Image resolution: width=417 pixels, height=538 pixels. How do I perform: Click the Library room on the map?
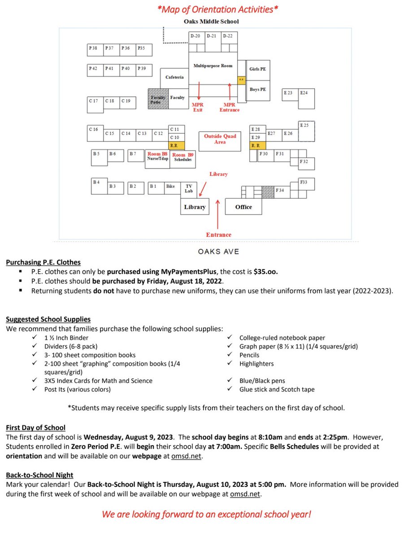195,207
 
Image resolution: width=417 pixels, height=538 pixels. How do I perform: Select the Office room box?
243,207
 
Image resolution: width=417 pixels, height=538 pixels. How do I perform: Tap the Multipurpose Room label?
213,66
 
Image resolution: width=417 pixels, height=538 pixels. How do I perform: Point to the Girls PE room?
258,69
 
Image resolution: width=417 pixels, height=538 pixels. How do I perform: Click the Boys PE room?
258,90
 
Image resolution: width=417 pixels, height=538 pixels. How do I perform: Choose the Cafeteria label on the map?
174,77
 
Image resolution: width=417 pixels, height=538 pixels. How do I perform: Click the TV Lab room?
188,188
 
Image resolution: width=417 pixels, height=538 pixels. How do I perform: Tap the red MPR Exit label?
198,107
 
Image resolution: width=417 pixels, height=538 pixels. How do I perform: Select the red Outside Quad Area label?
220,139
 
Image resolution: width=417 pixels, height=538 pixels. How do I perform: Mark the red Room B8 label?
157,154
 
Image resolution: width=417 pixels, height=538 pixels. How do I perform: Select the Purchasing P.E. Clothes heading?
43,263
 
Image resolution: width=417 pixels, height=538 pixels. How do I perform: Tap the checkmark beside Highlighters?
230,364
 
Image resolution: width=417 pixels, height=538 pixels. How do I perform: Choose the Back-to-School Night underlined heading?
40,475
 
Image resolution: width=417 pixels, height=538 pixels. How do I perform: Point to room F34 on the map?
280,191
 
